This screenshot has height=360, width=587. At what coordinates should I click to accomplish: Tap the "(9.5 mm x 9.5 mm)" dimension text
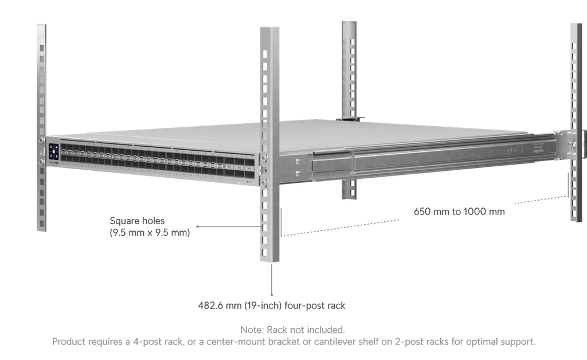point(150,233)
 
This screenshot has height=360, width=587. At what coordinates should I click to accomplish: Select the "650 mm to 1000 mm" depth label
point(459,212)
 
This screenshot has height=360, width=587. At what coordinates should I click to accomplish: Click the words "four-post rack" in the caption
point(315,306)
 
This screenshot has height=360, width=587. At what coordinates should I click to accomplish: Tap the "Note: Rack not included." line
point(292,330)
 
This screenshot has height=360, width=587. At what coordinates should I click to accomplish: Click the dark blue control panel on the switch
point(53,152)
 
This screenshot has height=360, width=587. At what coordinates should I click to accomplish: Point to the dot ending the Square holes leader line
point(197,226)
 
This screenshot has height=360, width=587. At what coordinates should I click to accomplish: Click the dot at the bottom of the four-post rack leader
point(271,295)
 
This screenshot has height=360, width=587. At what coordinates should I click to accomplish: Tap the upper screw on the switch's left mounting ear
point(41,139)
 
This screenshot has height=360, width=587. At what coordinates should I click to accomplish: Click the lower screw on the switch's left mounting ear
point(41,162)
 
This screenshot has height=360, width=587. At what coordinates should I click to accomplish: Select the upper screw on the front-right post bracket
point(264,158)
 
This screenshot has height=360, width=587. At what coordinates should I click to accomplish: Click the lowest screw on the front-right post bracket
point(264,183)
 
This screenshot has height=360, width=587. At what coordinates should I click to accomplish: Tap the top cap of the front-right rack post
point(269,28)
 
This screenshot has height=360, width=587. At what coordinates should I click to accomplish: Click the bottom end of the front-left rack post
point(41,229)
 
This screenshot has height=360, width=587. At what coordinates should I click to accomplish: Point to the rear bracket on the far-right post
point(569,144)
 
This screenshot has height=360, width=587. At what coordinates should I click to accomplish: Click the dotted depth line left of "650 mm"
point(340,228)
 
